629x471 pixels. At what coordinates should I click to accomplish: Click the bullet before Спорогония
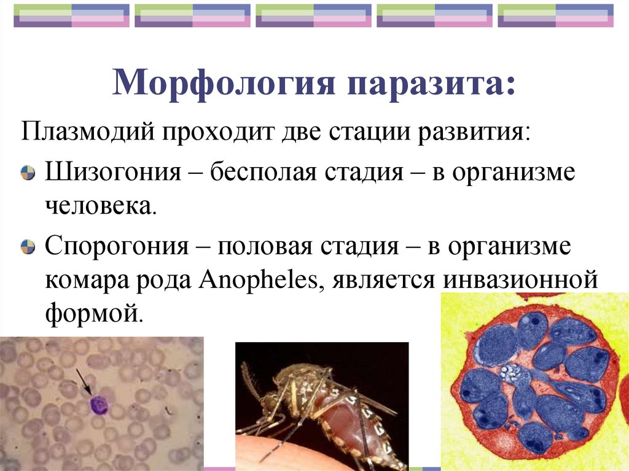[28, 248]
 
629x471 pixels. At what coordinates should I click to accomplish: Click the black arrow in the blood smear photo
[84, 381]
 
